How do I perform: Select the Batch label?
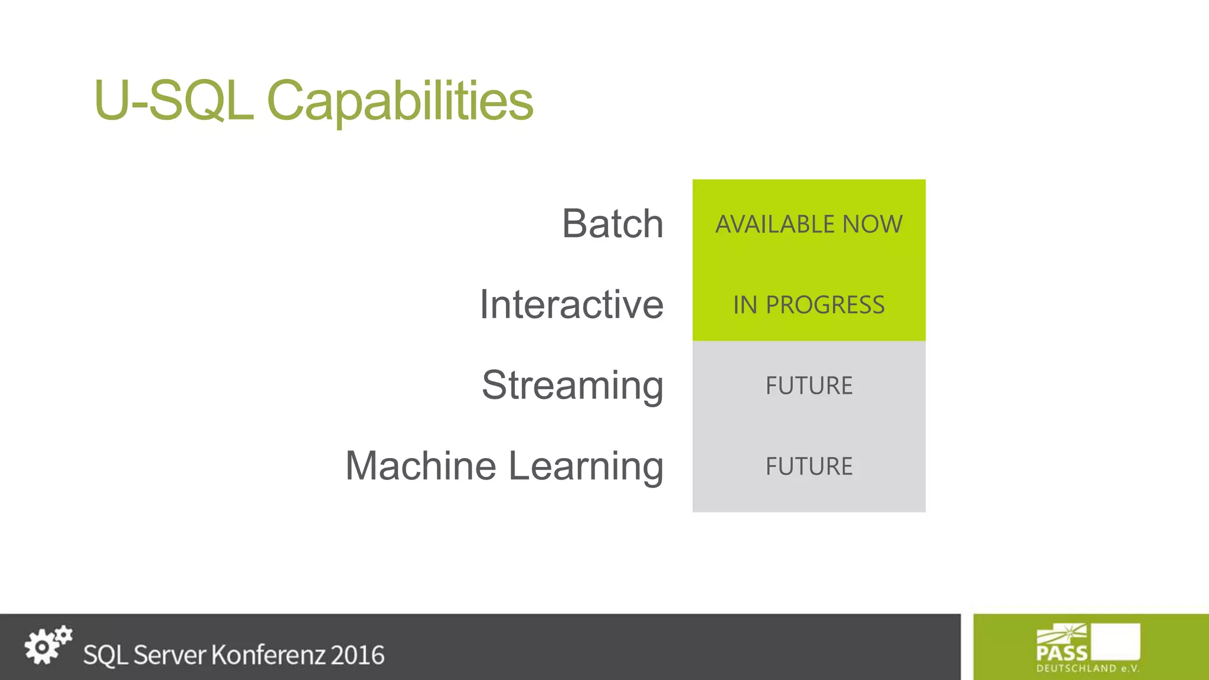(x=612, y=224)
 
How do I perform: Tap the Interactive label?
(x=571, y=305)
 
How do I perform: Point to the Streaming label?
(x=572, y=385)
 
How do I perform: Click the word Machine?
(x=420, y=466)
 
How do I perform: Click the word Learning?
(x=586, y=466)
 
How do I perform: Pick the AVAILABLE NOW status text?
(x=809, y=224)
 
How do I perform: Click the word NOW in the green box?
(x=873, y=224)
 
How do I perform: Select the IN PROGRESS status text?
(x=809, y=305)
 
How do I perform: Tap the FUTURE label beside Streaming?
(x=809, y=386)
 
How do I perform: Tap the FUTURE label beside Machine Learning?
(x=809, y=466)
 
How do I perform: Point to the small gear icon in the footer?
(x=63, y=635)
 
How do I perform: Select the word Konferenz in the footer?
(x=268, y=655)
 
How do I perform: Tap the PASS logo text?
(x=1061, y=653)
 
